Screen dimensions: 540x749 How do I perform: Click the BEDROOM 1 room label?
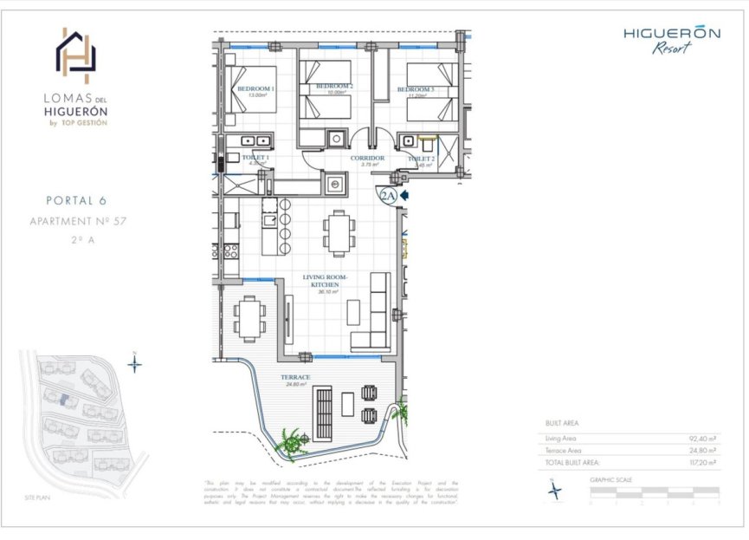255,89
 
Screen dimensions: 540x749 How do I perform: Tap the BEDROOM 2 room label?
333,87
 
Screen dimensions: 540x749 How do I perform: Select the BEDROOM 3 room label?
415,90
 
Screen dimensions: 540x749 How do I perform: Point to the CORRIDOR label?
367,159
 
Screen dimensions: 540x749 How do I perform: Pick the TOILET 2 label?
421,159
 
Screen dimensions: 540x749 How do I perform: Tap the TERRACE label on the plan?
296,378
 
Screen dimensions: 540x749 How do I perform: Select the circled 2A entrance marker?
387,196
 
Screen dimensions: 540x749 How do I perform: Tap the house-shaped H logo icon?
76,52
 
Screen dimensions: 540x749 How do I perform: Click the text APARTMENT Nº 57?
78,222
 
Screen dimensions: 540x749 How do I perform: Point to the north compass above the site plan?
134,363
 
